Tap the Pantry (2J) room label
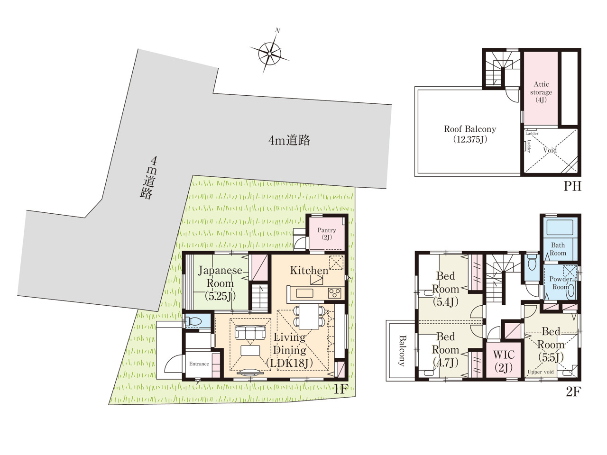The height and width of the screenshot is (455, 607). [327, 234]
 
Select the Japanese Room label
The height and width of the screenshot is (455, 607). [220, 277]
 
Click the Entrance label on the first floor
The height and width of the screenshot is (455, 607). [199, 364]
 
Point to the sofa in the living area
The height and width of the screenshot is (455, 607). [250, 332]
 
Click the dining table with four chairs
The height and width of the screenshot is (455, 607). [309, 317]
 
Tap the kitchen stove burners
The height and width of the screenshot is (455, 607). [334, 293]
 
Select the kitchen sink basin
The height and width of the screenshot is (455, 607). [304, 293]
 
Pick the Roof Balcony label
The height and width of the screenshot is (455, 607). [470, 134]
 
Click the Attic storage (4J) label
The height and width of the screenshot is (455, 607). [541, 92]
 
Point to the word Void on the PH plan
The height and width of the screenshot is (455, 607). [550, 150]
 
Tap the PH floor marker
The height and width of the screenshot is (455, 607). [572, 186]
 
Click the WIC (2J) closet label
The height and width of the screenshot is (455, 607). [504, 361]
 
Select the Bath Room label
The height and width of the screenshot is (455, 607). [558, 249]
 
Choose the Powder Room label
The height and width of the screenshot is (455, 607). [561, 283]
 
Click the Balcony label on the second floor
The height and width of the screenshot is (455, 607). [402, 351]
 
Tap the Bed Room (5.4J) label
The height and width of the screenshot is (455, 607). [445, 289]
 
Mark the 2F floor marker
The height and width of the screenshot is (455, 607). [573, 391]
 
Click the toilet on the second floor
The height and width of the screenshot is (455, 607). [532, 262]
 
